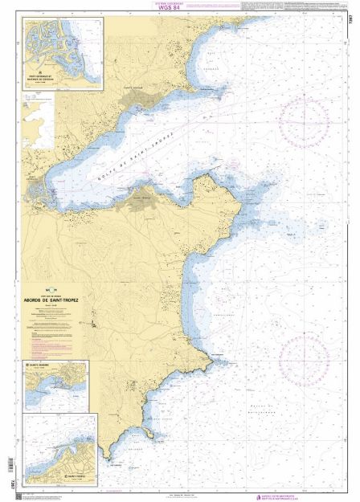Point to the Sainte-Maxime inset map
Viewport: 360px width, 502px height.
pos(57,386)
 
